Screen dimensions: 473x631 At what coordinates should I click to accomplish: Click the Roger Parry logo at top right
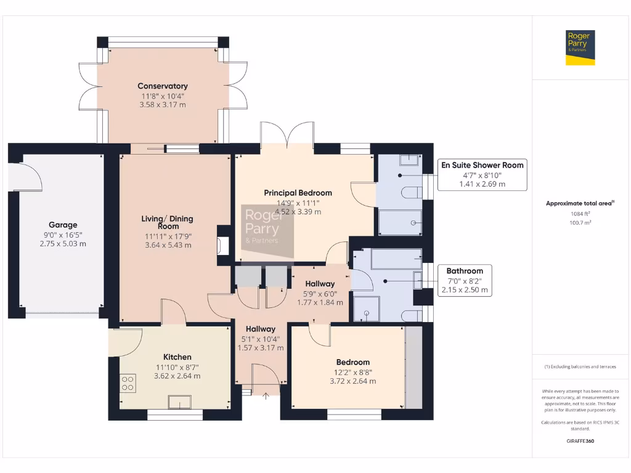click(580, 47)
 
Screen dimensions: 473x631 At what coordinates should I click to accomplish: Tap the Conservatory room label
click(163, 86)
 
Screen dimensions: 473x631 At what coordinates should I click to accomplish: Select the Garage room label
click(63, 225)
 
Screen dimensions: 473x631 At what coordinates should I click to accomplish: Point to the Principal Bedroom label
click(298, 193)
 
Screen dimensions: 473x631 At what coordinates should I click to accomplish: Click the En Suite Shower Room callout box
click(482, 174)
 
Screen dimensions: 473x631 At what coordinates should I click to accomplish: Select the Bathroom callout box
click(465, 280)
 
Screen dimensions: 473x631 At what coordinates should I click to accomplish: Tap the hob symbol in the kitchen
click(128, 384)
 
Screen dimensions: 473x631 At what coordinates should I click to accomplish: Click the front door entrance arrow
click(266, 396)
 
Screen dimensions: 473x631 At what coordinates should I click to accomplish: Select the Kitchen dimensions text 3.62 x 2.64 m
click(177, 376)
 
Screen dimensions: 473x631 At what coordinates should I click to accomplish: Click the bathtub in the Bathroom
click(396, 259)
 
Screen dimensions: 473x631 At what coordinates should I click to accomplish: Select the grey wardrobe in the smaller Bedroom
click(413, 367)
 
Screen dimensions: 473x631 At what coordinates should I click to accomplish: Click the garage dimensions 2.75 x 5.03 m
click(63, 244)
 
